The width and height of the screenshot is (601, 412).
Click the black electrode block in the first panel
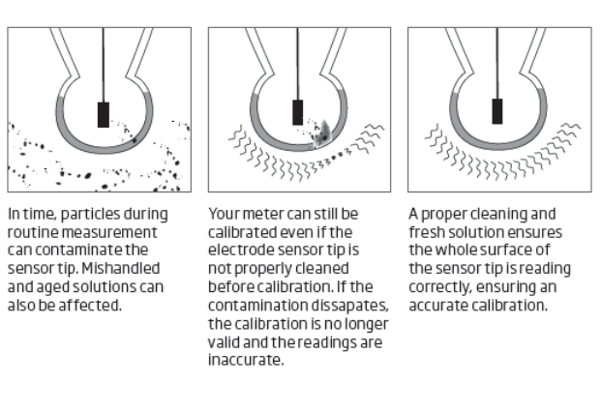[104, 114]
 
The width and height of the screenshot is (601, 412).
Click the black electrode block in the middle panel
[298, 112]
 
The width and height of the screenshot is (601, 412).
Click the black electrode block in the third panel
[497, 111]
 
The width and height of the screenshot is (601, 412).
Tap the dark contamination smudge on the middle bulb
[322, 134]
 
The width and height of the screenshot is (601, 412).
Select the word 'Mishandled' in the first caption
[121, 269]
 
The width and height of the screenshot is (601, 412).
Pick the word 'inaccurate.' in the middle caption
[246, 360]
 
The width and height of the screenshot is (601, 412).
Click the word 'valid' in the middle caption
[223, 342]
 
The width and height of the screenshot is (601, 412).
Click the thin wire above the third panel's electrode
[497, 63]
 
